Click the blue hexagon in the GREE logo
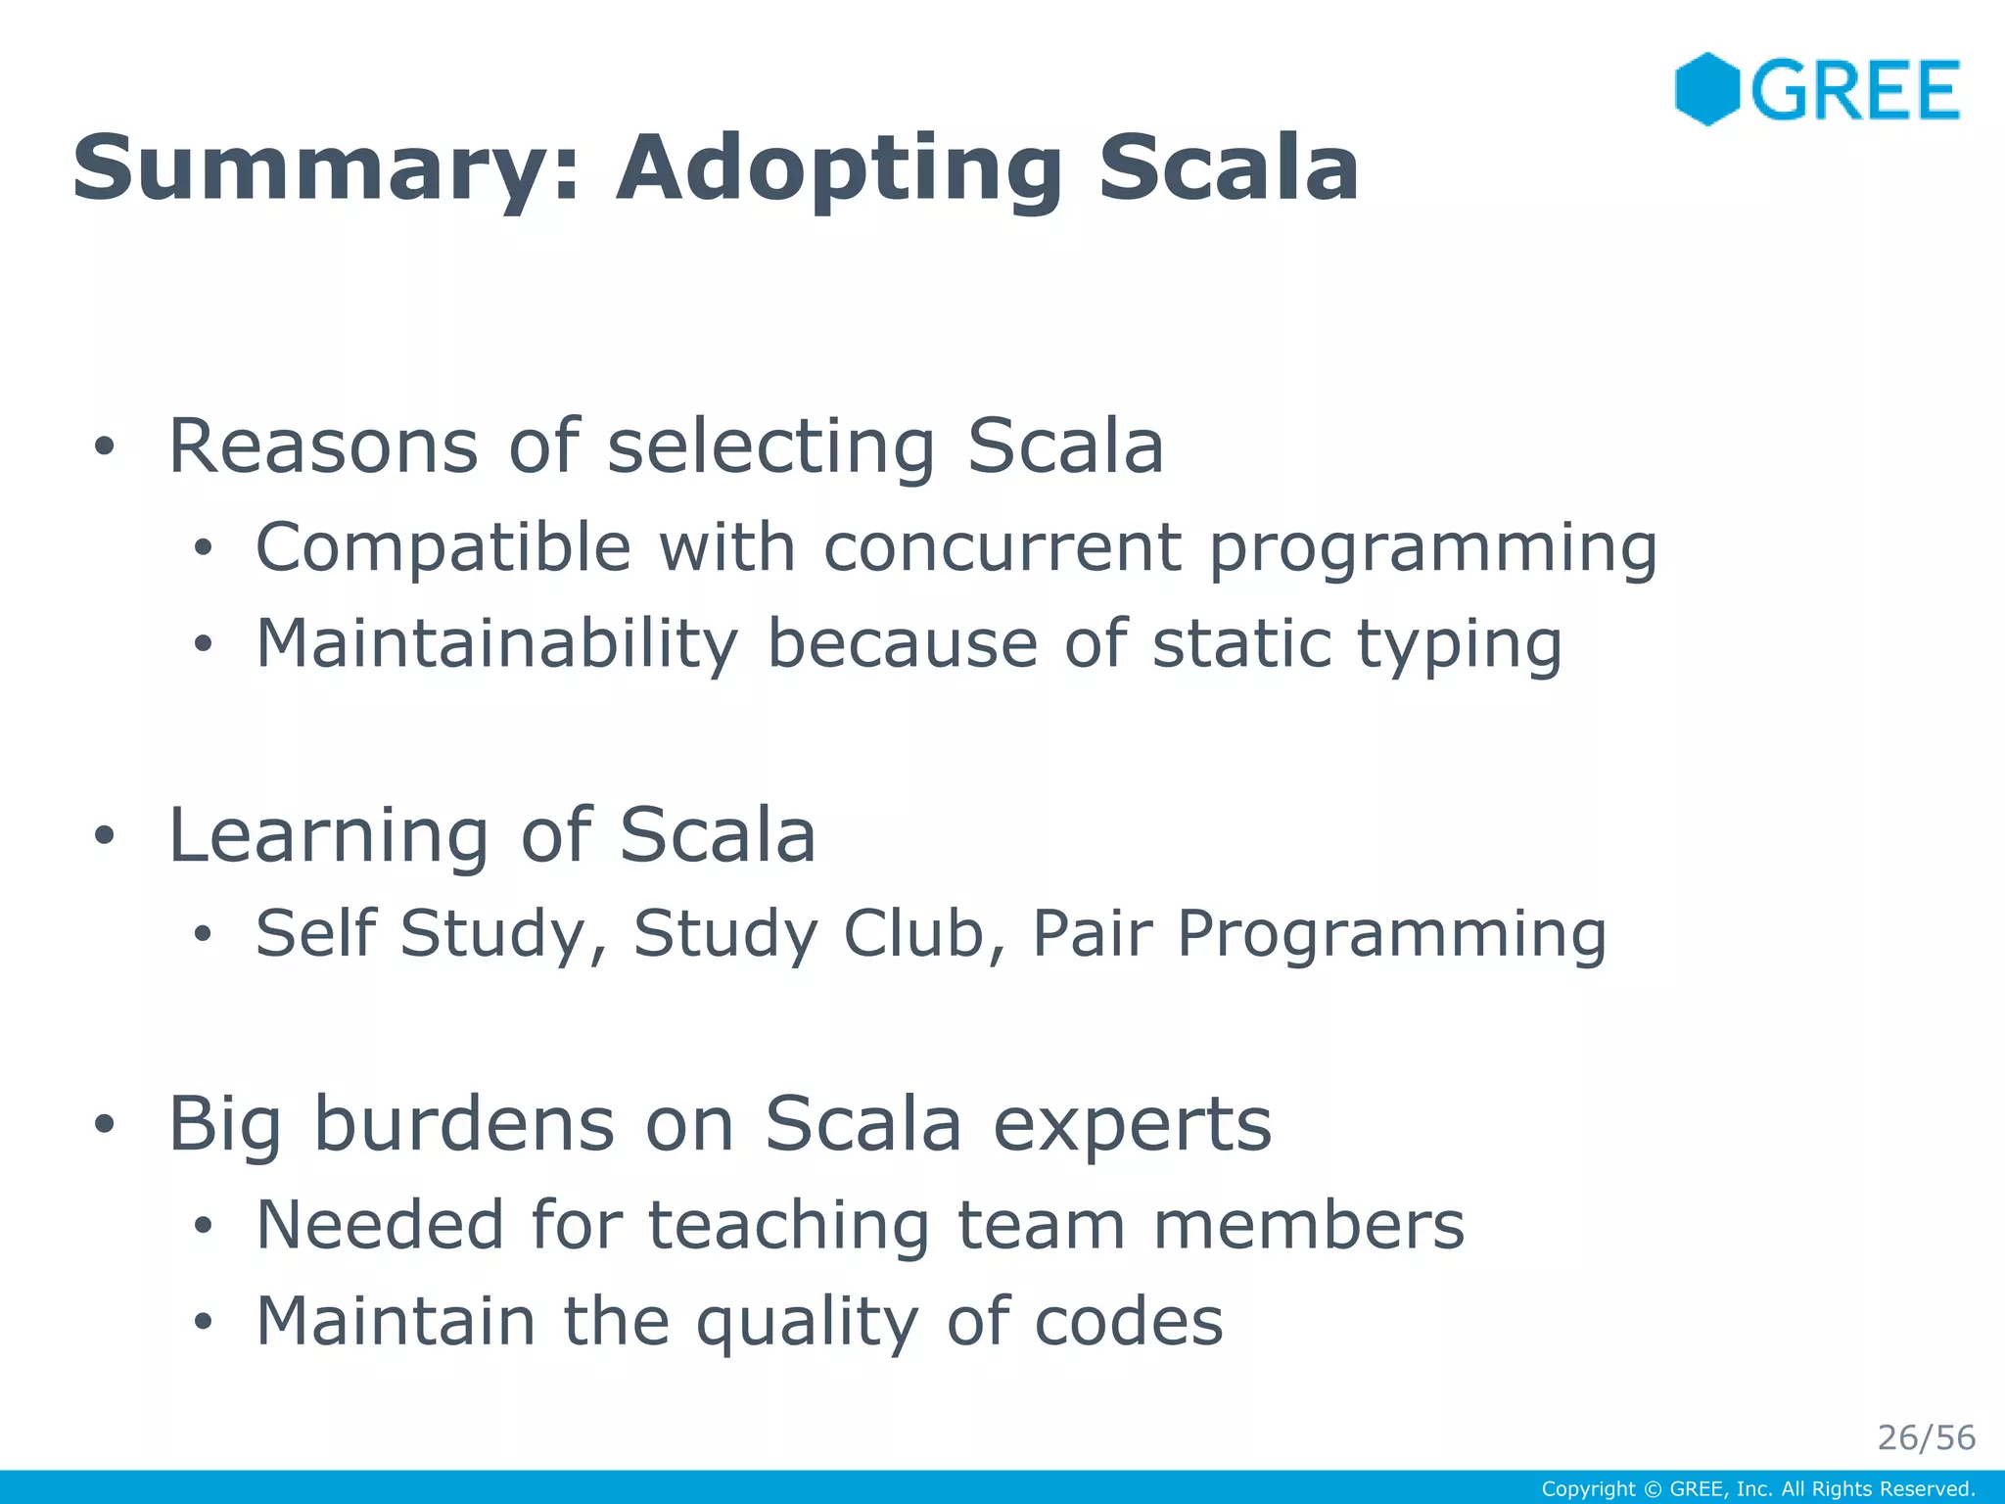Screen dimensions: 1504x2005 1706,89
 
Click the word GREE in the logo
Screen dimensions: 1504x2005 1855,90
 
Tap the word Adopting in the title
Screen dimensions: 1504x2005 838,168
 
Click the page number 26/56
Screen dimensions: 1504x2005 1926,1437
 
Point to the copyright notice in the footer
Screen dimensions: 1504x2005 1757,1489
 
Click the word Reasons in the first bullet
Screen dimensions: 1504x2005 323,446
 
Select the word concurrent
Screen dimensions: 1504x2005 1002,546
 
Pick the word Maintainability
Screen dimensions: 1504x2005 496,644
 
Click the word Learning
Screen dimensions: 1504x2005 328,837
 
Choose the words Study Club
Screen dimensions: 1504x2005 809,932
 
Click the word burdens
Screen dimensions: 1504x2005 464,1124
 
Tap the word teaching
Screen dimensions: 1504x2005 788,1226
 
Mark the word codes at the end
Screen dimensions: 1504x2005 1128,1322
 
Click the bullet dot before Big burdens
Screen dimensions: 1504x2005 105,1125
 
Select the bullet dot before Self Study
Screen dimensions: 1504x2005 202,933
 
